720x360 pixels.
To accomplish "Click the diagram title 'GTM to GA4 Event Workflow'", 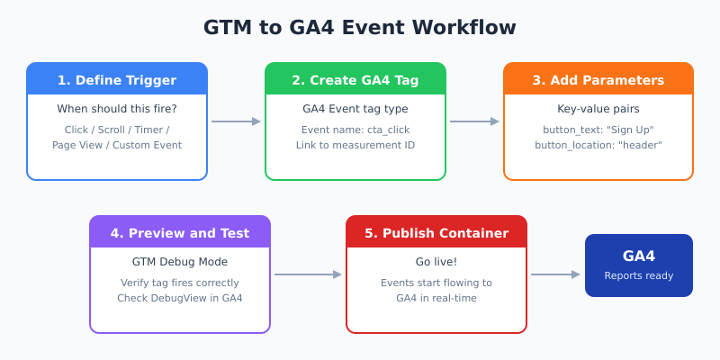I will coord(360,28).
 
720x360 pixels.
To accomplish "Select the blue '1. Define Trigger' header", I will coord(117,80).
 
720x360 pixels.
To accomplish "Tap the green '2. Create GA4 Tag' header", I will coord(355,80).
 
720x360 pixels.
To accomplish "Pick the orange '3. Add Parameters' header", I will coord(598,80).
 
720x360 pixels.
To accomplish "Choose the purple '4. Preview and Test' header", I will coord(180,233).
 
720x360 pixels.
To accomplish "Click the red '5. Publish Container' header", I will coord(436,233).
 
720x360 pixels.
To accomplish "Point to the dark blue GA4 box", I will coord(639,265).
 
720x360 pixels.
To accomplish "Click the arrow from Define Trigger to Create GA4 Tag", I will coord(236,121).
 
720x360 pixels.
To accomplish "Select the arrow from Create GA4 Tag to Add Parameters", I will coord(474,121).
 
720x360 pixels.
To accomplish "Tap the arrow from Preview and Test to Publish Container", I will coord(308,274).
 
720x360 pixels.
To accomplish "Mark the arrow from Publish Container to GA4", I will coord(555,274).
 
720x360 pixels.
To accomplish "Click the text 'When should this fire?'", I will coord(117,109).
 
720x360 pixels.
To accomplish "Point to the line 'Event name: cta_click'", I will coord(355,130).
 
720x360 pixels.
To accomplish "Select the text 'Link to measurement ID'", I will coord(355,145).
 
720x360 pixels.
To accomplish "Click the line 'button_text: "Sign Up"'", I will coord(598,130).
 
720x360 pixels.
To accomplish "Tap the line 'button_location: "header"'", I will coord(598,145).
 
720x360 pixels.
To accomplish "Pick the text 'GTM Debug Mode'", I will coord(180,262).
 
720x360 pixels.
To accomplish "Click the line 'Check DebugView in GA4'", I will coord(180,298).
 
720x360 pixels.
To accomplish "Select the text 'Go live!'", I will coord(436,262).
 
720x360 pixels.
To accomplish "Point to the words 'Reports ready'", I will coord(639,275).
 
